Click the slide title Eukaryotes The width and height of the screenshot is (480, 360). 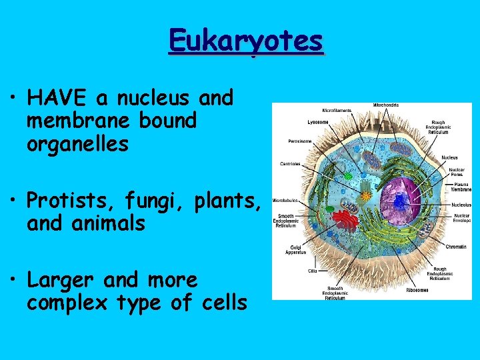246,41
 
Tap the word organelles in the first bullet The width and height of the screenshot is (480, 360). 77,144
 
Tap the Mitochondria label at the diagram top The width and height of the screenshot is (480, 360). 387,105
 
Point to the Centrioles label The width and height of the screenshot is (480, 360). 289,163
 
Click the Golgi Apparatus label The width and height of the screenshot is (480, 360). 295,249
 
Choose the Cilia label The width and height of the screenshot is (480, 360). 312,271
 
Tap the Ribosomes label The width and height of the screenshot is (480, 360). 418,290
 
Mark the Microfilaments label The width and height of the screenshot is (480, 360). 338,109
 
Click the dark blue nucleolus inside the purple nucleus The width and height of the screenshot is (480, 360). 400,199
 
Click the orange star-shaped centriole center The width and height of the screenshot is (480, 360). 366,197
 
